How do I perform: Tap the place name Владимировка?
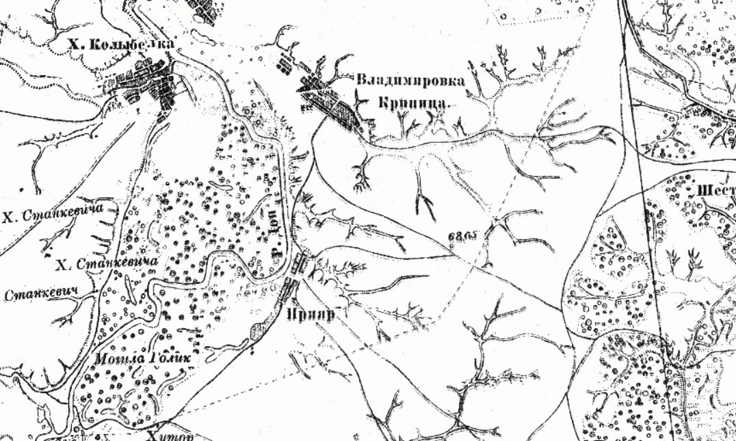410,80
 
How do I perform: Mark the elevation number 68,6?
464,237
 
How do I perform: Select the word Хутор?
170,436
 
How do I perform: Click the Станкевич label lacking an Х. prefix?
40,295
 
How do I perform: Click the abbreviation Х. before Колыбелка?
73,45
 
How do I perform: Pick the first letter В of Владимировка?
361,80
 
